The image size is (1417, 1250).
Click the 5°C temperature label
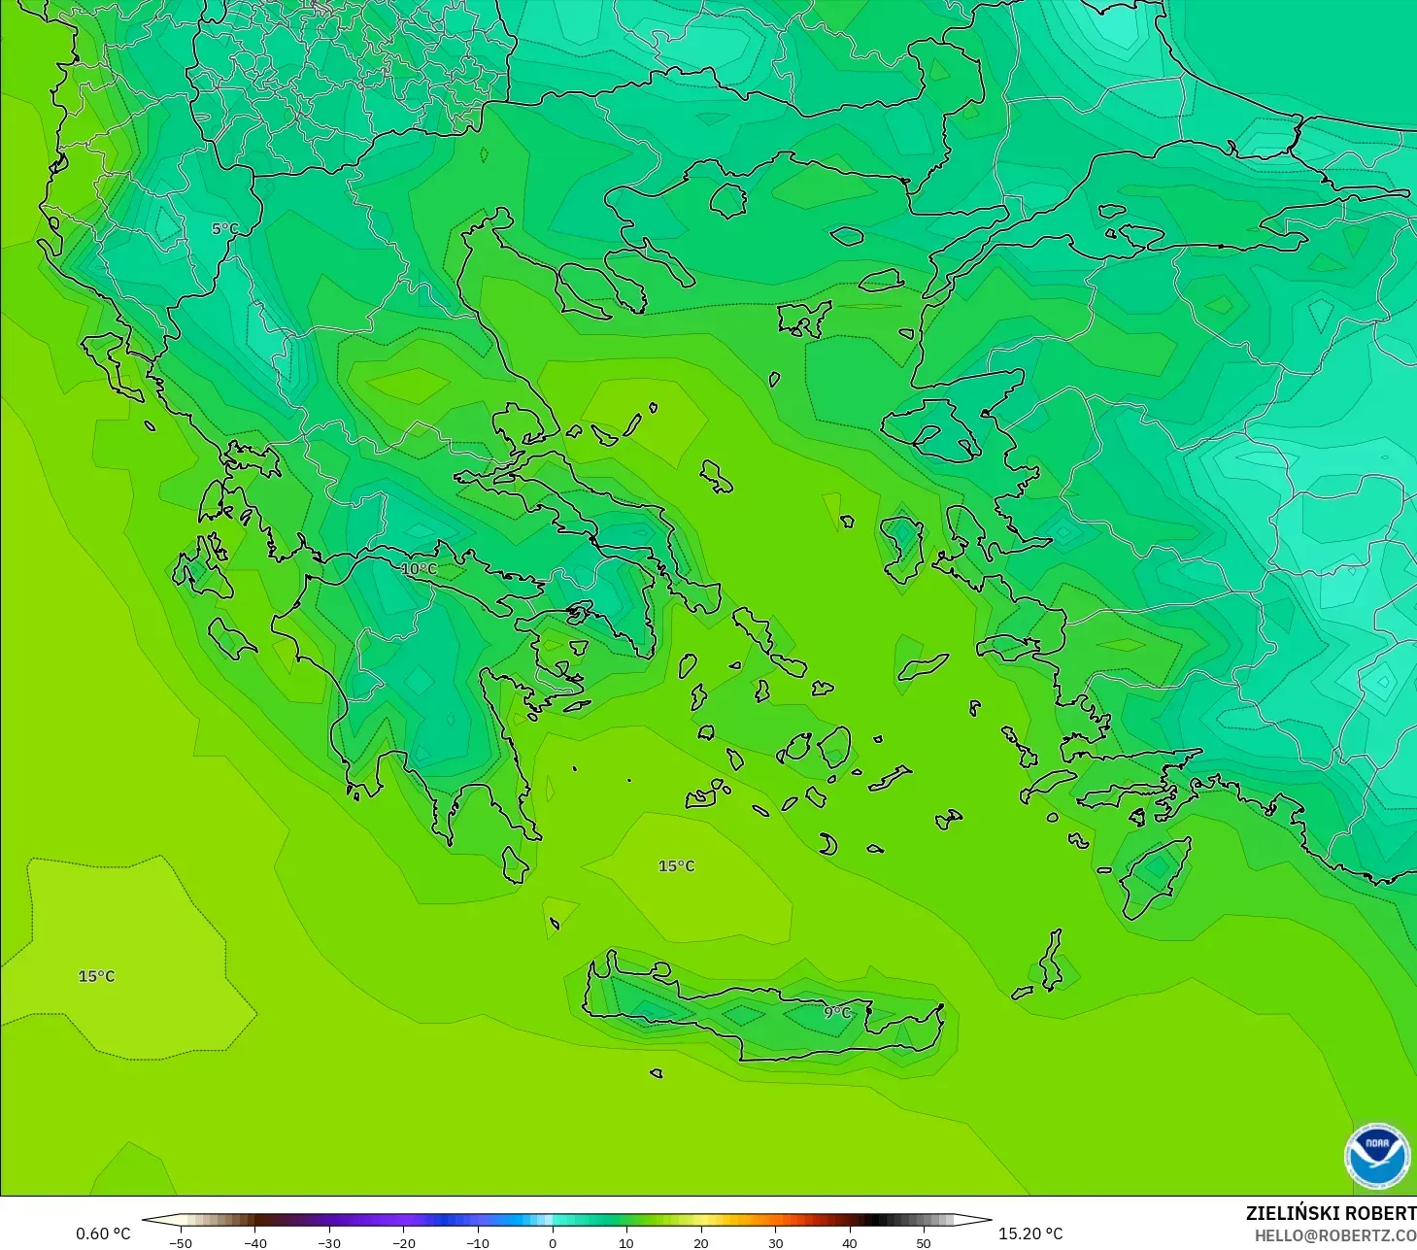point(224,229)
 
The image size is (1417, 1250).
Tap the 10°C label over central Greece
point(419,569)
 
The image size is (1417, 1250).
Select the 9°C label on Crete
point(837,1012)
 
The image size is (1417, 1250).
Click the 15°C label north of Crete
point(677,866)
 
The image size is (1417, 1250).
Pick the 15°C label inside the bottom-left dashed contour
point(96,976)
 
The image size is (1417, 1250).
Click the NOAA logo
point(1376,1156)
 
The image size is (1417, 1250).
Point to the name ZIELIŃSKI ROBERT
point(1331,1213)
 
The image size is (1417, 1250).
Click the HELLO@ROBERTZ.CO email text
point(1334,1235)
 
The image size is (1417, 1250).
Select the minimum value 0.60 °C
point(103,1233)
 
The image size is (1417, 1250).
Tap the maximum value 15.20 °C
point(1030,1233)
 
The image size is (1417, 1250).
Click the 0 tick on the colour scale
point(552,1242)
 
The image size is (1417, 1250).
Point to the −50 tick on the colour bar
point(180,1242)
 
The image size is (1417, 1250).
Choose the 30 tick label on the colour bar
point(775,1242)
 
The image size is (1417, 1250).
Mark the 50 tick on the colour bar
point(924,1242)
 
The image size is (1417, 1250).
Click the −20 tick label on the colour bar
point(403,1242)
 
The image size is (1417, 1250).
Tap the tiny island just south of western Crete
point(657,1073)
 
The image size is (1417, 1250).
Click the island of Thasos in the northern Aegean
point(727,200)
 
